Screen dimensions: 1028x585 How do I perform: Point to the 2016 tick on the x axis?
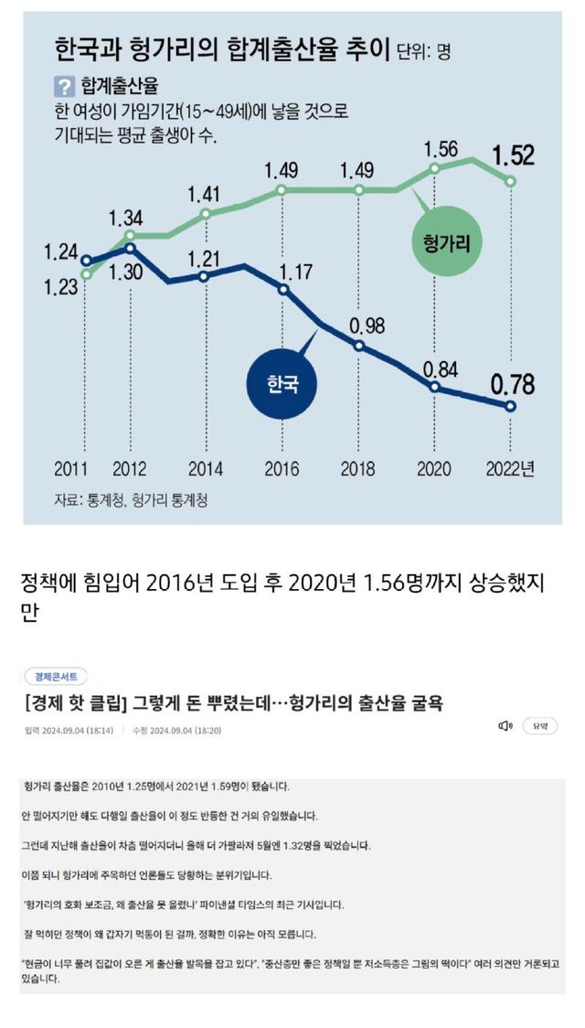pos(282,469)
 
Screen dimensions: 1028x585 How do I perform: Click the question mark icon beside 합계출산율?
pos(64,87)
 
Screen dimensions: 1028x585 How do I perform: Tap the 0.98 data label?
pos(359,326)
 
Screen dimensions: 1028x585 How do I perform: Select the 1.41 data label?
pos(205,194)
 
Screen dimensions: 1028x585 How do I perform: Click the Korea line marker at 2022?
pos(511,406)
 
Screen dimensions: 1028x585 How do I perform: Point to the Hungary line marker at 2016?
pos(282,190)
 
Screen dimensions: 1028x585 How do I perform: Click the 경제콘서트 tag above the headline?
pos(57,677)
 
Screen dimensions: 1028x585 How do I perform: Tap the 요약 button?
pos(539,726)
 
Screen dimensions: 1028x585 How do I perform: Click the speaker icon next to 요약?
pos(505,726)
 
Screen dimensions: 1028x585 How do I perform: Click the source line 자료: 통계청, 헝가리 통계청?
pos(130,500)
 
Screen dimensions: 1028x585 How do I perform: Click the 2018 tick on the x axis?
pos(359,469)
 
